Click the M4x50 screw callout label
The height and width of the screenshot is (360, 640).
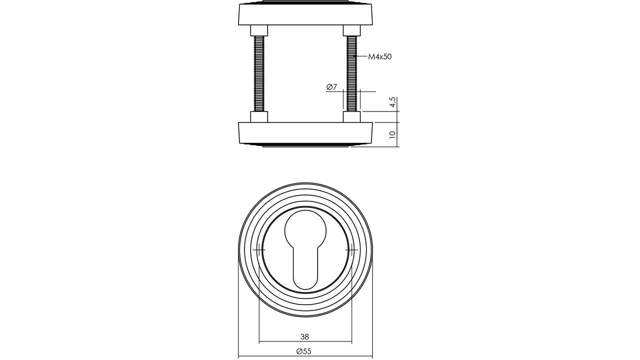pyautogui.click(x=379, y=56)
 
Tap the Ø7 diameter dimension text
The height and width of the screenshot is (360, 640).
pyautogui.click(x=331, y=87)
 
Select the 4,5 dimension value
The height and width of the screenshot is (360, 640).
pyautogui.click(x=393, y=102)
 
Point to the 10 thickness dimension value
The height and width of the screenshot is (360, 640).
pyautogui.click(x=393, y=134)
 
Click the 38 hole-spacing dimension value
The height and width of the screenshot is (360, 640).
pyautogui.click(x=305, y=337)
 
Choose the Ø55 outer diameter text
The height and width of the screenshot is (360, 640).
pyautogui.click(x=303, y=351)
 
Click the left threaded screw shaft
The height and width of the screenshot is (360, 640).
pyautogui.click(x=259, y=73)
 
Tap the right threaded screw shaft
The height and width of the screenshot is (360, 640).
pyautogui.click(x=351, y=73)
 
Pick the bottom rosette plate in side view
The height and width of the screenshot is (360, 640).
pyautogui.click(x=305, y=134)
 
